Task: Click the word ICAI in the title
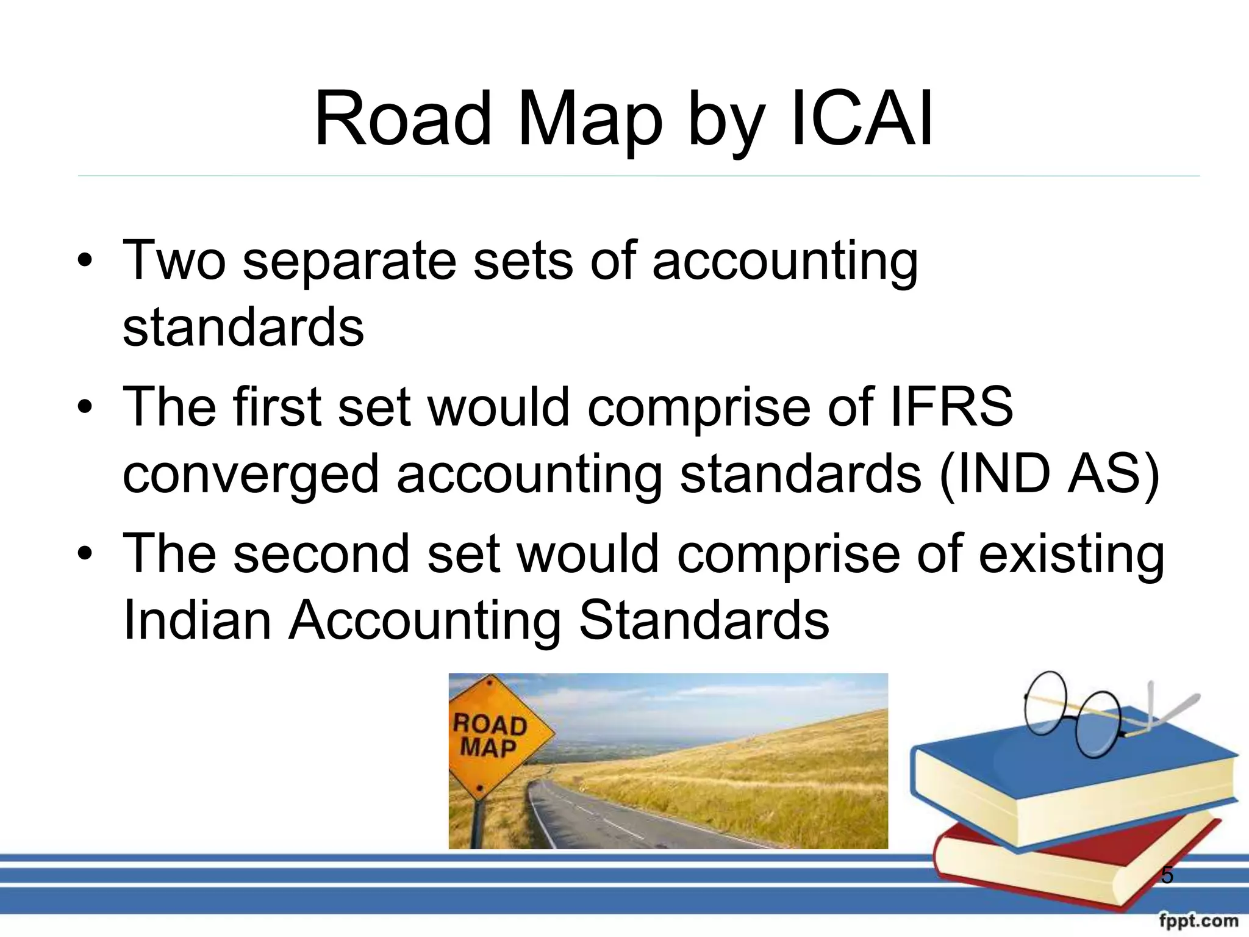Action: point(861,119)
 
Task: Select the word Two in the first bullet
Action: point(174,260)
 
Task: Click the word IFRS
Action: point(951,407)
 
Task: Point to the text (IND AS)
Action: point(1049,474)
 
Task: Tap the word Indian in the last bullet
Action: point(196,620)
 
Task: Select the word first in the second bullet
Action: point(276,407)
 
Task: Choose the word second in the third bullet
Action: point(321,554)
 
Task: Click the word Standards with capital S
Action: point(704,620)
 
